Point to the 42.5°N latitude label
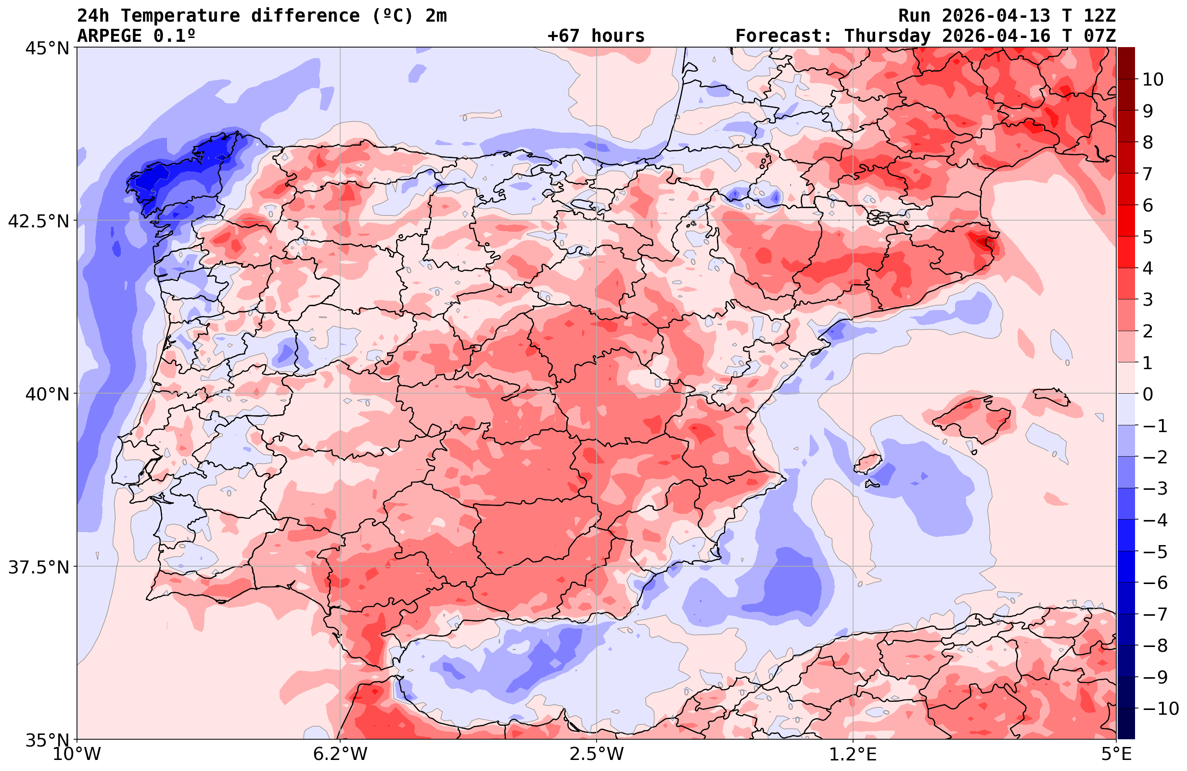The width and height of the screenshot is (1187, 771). pos(38,221)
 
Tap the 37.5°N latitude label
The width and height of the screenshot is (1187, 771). pos(38,567)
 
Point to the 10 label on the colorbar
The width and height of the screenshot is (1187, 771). pos(1152,79)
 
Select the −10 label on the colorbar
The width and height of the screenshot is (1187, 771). pos(1160,708)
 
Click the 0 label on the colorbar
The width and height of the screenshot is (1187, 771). pos(1148,394)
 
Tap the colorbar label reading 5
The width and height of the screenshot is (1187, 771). pos(1148,237)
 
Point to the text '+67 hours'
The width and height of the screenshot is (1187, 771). pos(596,36)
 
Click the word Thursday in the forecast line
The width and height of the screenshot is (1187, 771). pos(887,36)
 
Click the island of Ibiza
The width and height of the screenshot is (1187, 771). pos(868,463)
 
